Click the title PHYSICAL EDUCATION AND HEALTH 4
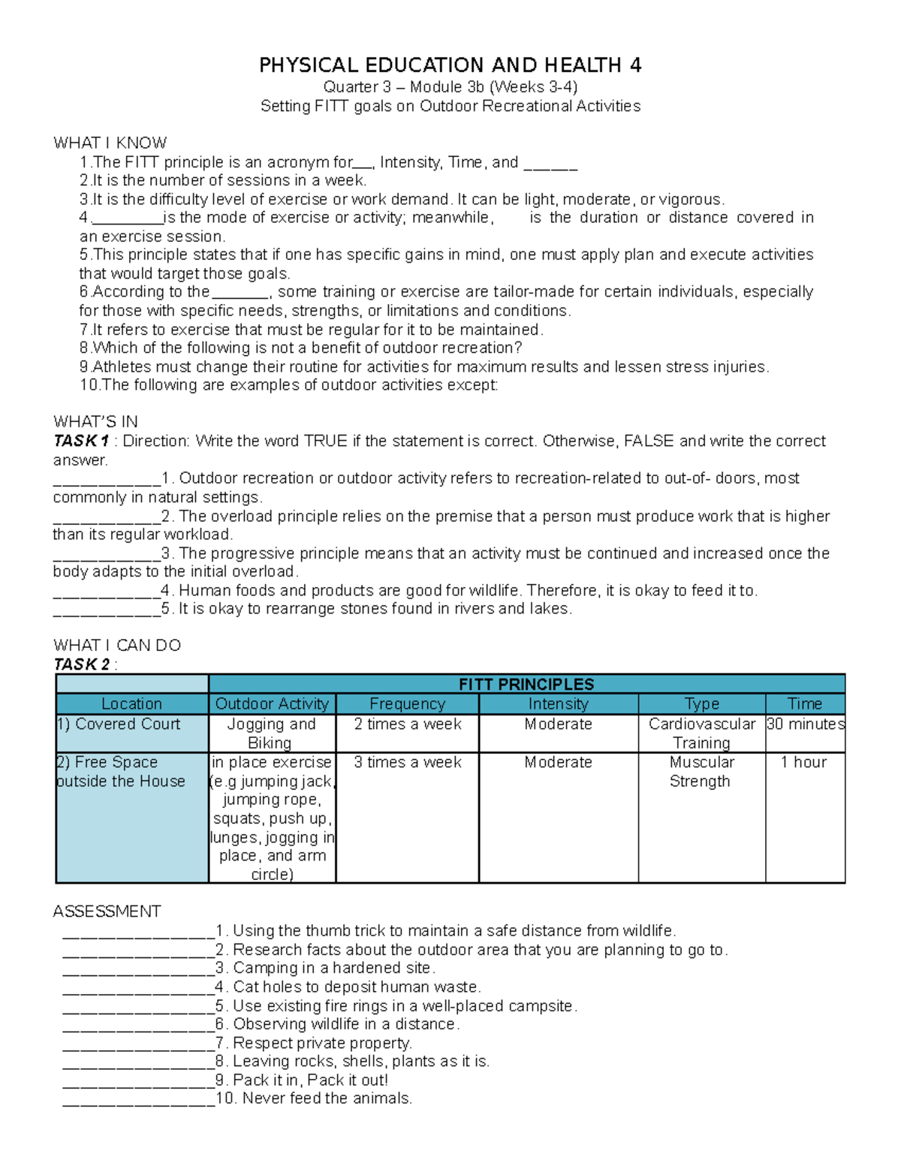coord(450,65)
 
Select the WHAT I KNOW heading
coord(110,143)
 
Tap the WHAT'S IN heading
coord(95,421)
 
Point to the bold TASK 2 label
coord(81,664)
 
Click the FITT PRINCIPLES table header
coord(526,684)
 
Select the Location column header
coord(131,704)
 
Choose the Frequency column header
coord(407,704)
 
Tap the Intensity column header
coord(558,704)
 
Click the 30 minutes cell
coord(805,724)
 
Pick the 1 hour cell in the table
coord(803,762)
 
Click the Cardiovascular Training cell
coord(701,733)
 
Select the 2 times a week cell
coord(407,724)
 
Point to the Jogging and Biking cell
coord(271,733)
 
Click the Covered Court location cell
coord(119,724)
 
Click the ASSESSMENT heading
coord(107,911)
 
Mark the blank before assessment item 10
coord(139,1099)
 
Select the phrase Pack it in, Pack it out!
coord(310,1080)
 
